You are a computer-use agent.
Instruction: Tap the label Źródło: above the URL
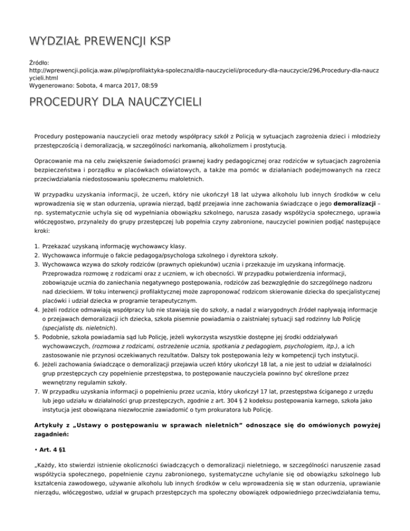pos(39,63)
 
